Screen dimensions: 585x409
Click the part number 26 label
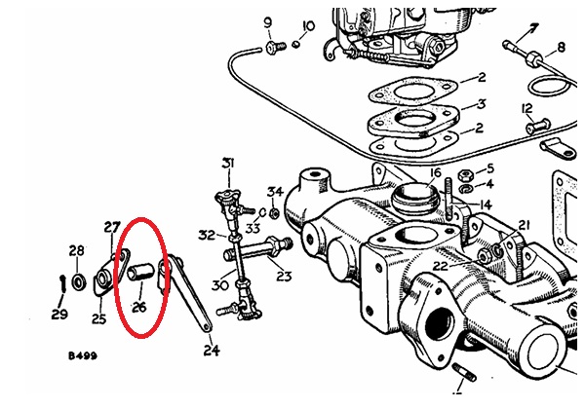(138, 308)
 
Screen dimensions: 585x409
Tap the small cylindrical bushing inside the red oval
(140, 272)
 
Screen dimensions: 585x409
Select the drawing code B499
(83, 356)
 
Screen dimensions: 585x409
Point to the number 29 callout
(59, 315)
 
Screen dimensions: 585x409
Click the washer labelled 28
(79, 282)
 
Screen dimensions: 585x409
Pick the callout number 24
(212, 351)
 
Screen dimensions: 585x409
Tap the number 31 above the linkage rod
(228, 164)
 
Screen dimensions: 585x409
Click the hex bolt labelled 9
(275, 48)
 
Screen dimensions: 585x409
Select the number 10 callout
(308, 26)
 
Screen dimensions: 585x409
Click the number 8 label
(561, 48)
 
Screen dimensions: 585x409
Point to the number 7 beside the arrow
(534, 28)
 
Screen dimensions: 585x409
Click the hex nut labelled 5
(464, 174)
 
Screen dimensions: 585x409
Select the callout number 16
(436, 173)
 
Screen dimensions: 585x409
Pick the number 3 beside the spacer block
(482, 104)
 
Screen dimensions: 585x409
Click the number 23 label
(284, 276)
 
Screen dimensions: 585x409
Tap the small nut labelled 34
(274, 213)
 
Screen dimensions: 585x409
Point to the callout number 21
(524, 225)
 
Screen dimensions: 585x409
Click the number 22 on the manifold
(441, 266)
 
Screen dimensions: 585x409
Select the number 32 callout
(207, 235)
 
